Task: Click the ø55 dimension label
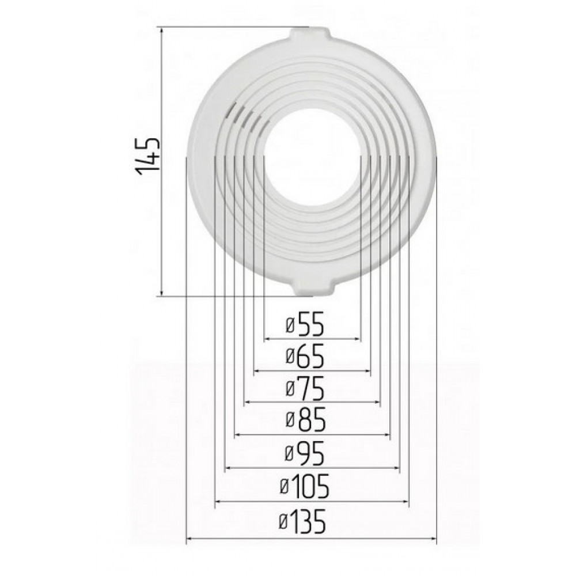pyautogui.click(x=305, y=324)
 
